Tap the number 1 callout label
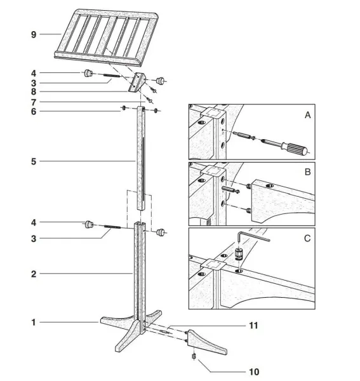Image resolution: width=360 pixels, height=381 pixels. click(34, 323)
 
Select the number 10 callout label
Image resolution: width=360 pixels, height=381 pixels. click(255, 371)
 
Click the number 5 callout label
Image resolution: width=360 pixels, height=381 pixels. click(34, 161)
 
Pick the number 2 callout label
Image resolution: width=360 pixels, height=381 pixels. click(34, 274)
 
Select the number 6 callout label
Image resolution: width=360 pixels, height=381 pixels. click(34, 111)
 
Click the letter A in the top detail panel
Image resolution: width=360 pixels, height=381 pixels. click(308, 115)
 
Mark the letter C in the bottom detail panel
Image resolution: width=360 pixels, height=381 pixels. click(308, 239)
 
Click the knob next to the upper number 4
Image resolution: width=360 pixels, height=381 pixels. click(88, 74)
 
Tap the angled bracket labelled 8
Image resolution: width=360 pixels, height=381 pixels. click(137, 83)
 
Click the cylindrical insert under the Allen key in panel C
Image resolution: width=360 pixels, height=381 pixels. click(240, 255)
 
